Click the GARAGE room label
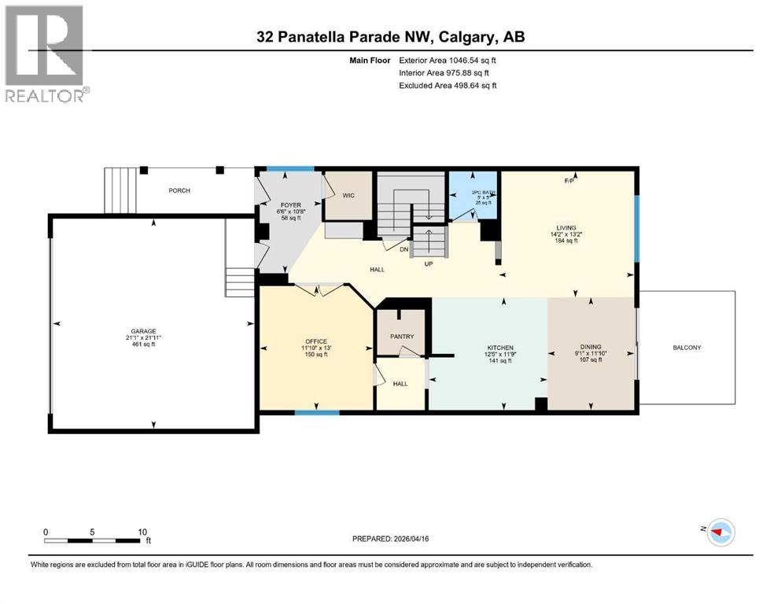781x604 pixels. pyautogui.click(x=143, y=331)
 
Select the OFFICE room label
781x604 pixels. pyautogui.click(x=315, y=341)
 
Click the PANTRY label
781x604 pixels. pyautogui.click(x=402, y=337)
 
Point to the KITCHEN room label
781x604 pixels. pyautogui.click(x=500, y=348)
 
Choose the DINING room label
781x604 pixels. pyautogui.click(x=590, y=348)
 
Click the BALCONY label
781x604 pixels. pyautogui.click(x=686, y=348)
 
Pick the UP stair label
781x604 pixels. pyautogui.click(x=429, y=263)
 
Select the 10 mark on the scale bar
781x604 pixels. pyautogui.click(x=142, y=532)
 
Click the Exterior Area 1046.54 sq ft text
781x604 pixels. pyautogui.click(x=448, y=60)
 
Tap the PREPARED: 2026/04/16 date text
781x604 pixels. pyautogui.click(x=391, y=539)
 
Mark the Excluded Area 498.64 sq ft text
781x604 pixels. pyautogui.click(x=448, y=85)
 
